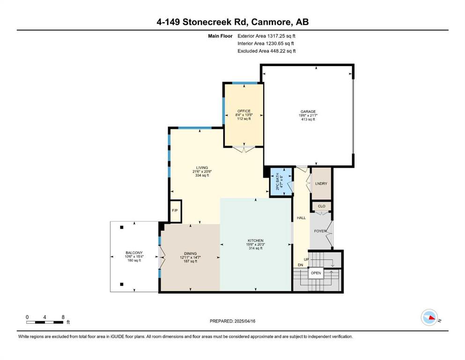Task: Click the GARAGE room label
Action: [x=308, y=112]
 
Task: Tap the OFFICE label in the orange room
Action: [x=244, y=111]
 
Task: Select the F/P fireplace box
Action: [x=175, y=211]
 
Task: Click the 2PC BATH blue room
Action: [x=281, y=181]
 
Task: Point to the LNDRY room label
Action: [x=321, y=184]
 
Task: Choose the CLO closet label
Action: [x=321, y=206]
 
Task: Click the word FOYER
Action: [x=320, y=231]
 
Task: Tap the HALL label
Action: [x=301, y=218]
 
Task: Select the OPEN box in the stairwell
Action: [x=316, y=273]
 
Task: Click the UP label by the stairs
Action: [x=306, y=259]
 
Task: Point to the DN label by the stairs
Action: [x=301, y=265]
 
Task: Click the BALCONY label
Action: [x=134, y=253]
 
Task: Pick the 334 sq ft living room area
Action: [x=202, y=175]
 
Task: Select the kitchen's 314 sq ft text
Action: [x=256, y=248]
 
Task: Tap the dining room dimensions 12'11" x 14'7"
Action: [x=191, y=257]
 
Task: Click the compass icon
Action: [x=429, y=317]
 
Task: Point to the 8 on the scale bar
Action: [x=63, y=317]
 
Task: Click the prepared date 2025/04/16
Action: [x=244, y=321]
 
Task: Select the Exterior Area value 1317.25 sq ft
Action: [x=281, y=36]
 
